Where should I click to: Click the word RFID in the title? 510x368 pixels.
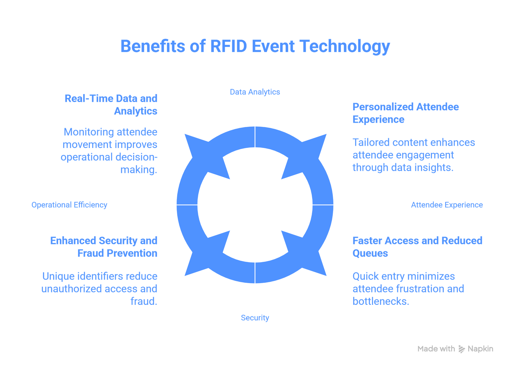click(228, 46)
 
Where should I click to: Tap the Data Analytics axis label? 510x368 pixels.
click(255, 92)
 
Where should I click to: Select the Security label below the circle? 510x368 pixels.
click(255, 318)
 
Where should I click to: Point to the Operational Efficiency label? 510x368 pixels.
click(69, 205)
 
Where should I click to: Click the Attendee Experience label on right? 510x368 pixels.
click(447, 205)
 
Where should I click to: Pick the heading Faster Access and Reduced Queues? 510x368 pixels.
click(417, 247)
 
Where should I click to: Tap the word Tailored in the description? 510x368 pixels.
click(370, 142)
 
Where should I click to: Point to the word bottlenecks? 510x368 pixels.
click(380, 301)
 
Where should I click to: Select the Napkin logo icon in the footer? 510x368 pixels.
click(462, 349)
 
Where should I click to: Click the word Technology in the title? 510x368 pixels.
click(345, 46)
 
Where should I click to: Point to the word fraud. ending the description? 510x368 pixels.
click(144, 301)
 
